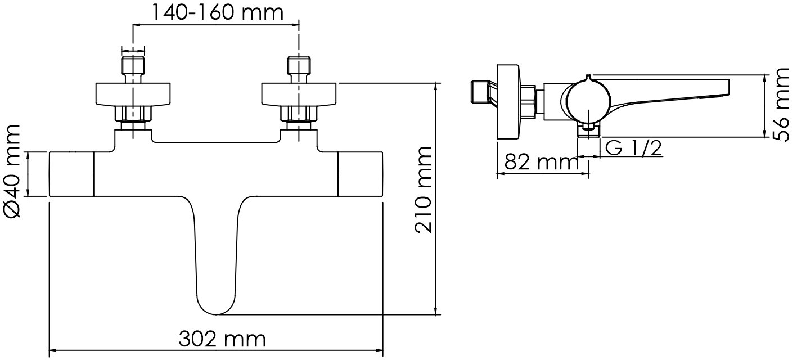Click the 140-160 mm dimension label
[x=218, y=13]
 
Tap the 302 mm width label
[x=222, y=339]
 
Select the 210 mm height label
[x=423, y=190]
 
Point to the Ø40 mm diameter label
[x=12, y=171]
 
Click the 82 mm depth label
[x=541, y=163]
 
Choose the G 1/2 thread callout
[x=633, y=148]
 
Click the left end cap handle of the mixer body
[x=71, y=174]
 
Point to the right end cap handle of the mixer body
[x=361, y=174]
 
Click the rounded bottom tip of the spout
[x=217, y=313]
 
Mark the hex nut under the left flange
[x=133, y=114]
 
